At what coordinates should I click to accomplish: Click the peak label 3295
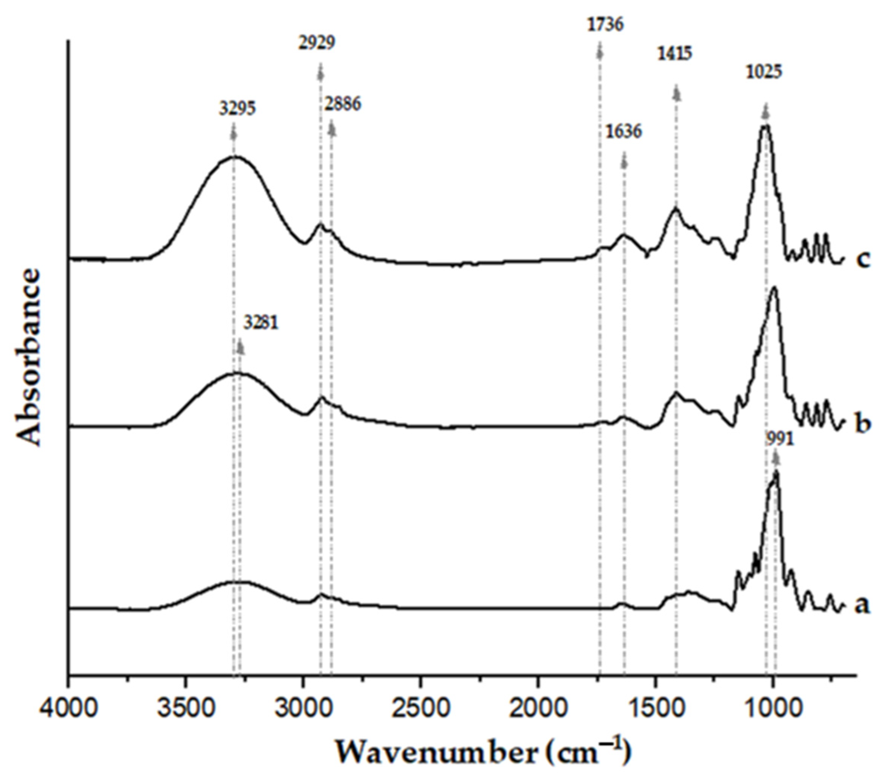coord(237,108)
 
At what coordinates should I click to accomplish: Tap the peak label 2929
coord(317,43)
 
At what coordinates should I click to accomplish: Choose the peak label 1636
coord(624,131)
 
